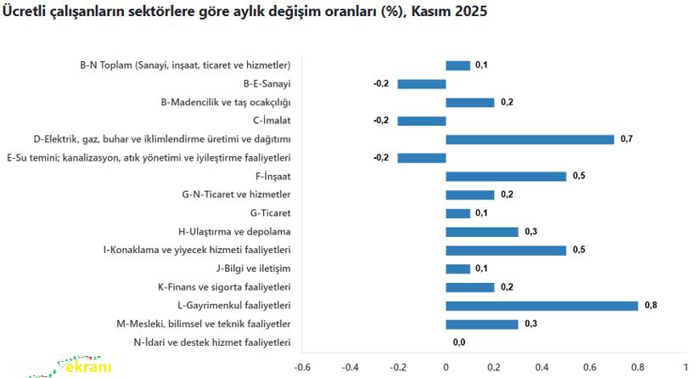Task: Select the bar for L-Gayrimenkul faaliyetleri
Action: [542, 306]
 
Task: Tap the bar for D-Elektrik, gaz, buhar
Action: [530, 139]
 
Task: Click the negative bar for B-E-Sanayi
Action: [422, 83]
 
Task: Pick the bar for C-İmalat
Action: [422, 121]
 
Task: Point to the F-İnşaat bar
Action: [506, 177]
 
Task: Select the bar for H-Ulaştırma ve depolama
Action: [482, 232]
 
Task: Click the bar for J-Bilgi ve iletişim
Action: [458, 268]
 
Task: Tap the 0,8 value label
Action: [652, 305]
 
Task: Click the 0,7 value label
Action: [627, 139]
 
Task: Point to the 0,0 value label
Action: [459, 342]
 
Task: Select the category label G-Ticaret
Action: [271, 213]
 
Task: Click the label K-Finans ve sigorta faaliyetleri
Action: [225, 287]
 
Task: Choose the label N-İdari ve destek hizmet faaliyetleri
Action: [212, 342]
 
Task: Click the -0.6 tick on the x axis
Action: [302, 368]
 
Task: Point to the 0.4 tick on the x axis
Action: [542, 368]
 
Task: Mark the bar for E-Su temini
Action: [422, 158]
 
